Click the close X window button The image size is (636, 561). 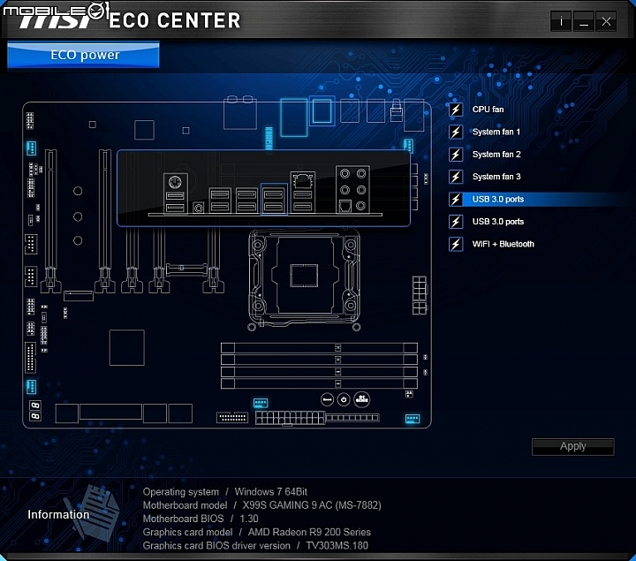606,21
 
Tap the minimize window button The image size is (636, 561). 584,21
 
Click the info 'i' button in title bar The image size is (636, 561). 562,21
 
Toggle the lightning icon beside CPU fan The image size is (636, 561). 456,110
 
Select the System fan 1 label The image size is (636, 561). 496,132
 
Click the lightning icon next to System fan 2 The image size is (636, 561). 456,155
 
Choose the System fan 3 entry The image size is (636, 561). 496,177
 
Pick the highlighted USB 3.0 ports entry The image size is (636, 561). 498,199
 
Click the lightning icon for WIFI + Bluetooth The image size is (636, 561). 456,244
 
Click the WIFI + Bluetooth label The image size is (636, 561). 503,244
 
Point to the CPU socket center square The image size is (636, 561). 304,276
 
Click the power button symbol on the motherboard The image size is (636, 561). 344,399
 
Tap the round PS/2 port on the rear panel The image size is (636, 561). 175,182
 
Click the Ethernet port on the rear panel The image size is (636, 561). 303,180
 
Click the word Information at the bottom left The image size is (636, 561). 58,514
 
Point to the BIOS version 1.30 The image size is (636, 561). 249,519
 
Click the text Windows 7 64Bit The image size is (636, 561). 271,492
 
